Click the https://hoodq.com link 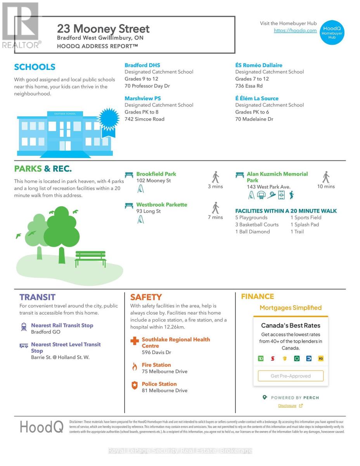pyautogui.click(x=295, y=30)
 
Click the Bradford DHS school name pyautogui.click(x=142, y=65)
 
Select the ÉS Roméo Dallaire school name pyautogui.click(x=259, y=65)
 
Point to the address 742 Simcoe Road pyautogui.click(x=144, y=119)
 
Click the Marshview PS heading pyautogui.click(x=142, y=99)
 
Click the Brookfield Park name pyautogui.click(x=156, y=174)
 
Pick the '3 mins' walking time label pyautogui.click(x=215, y=186)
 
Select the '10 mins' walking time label pyautogui.click(x=326, y=186)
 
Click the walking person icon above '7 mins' pyautogui.click(x=215, y=207)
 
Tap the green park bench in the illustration pyautogui.click(x=90, y=259)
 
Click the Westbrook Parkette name pyautogui.click(x=161, y=205)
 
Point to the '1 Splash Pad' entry pyautogui.click(x=305, y=224)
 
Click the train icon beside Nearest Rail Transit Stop pyautogui.click(x=24, y=327)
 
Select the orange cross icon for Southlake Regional pyautogui.click(x=135, y=341)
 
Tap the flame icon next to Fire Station pyautogui.click(x=135, y=366)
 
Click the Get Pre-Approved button pyautogui.click(x=291, y=376)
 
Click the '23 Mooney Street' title pyautogui.click(x=103, y=29)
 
